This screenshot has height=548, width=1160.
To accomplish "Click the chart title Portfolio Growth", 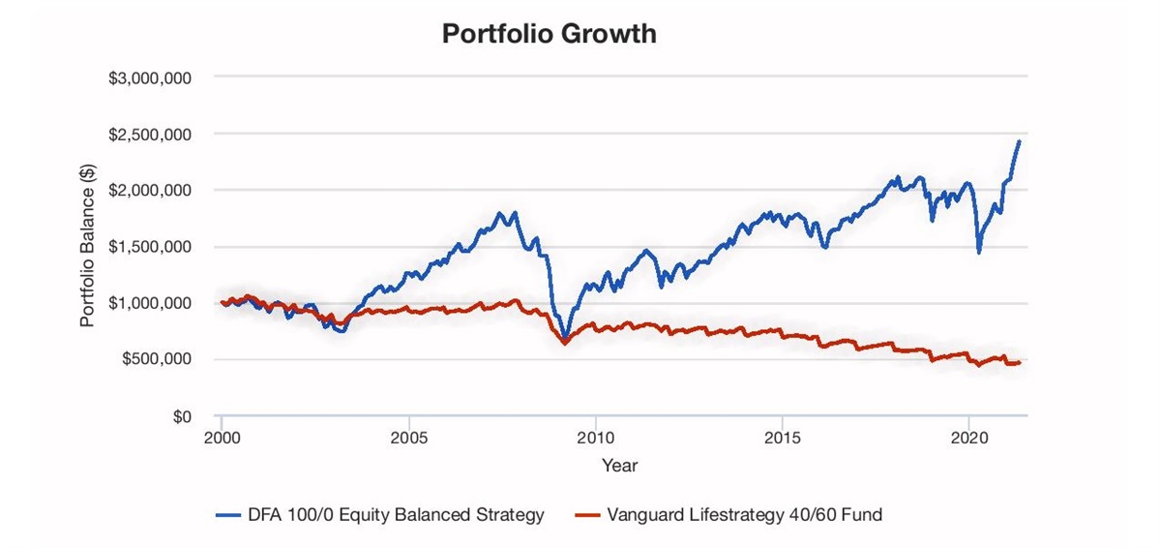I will click(549, 34).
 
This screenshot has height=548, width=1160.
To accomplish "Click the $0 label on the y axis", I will click(181, 416).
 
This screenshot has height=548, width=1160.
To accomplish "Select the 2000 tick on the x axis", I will click(222, 437).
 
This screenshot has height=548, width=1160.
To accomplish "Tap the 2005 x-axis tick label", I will click(409, 437).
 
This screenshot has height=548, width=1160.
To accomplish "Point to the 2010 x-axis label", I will click(596, 437).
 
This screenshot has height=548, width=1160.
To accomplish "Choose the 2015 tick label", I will click(783, 437).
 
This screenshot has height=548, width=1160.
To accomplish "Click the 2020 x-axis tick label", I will click(969, 437).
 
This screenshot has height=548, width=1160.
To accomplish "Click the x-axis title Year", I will click(619, 466).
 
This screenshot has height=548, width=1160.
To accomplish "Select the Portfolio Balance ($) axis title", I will click(88, 247).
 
